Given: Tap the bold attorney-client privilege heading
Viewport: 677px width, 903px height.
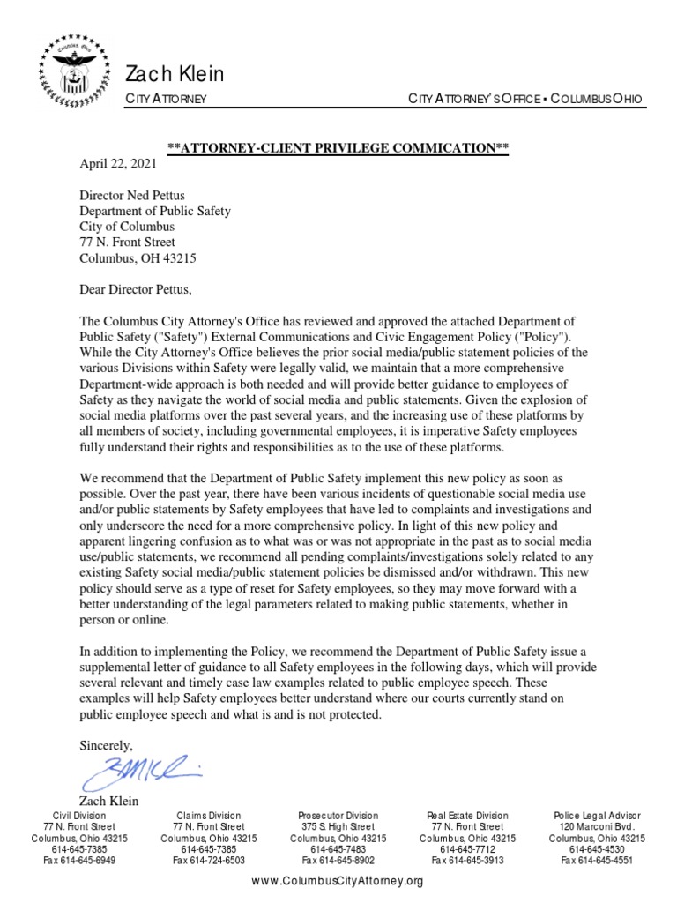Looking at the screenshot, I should tap(338, 148).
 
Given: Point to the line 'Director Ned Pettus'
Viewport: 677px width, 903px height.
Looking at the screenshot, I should tap(135, 195).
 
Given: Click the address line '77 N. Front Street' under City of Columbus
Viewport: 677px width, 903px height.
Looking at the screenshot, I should tap(127, 242).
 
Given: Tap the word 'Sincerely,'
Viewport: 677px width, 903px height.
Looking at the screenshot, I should tap(106, 744).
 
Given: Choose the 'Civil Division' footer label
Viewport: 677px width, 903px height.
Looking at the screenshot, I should tap(79, 816).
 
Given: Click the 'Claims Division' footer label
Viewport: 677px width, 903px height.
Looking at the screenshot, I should tap(209, 816).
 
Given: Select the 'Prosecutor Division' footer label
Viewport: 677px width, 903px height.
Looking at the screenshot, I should tap(338, 816).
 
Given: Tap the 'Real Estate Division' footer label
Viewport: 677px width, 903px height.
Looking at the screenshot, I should tap(467, 816).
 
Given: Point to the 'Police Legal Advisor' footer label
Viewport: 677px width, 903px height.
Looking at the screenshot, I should tap(597, 816).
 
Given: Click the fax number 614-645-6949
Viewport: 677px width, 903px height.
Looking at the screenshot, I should tap(79, 860).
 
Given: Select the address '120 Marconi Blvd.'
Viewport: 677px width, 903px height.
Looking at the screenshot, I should tap(597, 827).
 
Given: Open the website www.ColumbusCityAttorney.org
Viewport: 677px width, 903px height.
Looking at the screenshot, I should tap(338, 881).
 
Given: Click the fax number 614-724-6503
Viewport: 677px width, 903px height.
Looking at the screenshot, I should tap(209, 860).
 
